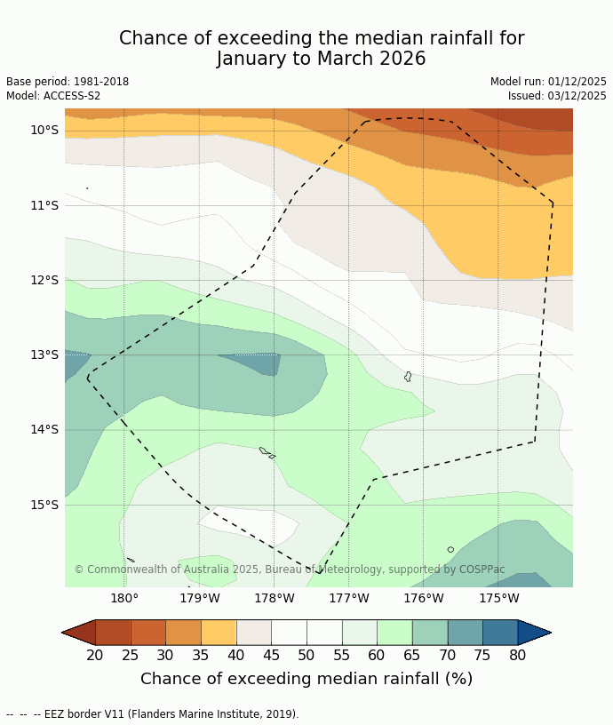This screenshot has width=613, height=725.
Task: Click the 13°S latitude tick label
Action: click(x=44, y=355)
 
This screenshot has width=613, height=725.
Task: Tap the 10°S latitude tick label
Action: click(x=44, y=130)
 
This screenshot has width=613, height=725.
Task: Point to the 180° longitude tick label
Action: click(x=123, y=598)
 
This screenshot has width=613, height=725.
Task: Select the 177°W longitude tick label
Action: click(x=348, y=598)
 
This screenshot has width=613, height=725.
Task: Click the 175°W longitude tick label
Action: click(x=498, y=598)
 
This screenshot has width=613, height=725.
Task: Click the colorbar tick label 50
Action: click(x=306, y=656)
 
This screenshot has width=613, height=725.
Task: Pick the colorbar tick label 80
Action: click(x=518, y=656)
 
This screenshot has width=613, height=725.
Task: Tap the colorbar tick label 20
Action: click(x=95, y=656)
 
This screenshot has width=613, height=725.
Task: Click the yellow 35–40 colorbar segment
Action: click(x=219, y=633)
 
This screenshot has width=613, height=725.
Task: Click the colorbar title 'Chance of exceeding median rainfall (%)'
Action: click(x=306, y=679)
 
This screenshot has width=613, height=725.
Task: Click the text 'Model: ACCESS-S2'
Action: click(x=53, y=96)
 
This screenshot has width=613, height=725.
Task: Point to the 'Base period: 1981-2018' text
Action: click(x=68, y=82)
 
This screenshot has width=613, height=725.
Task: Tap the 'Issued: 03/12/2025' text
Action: click(x=557, y=96)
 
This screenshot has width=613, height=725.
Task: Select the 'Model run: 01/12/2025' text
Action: click(x=548, y=82)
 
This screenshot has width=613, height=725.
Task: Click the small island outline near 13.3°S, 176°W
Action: click(x=408, y=377)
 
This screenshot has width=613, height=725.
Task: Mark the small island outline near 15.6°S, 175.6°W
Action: click(x=450, y=550)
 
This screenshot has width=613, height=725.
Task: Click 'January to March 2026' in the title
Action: click(x=322, y=60)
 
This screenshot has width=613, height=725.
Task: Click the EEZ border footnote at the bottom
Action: click(x=153, y=714)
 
